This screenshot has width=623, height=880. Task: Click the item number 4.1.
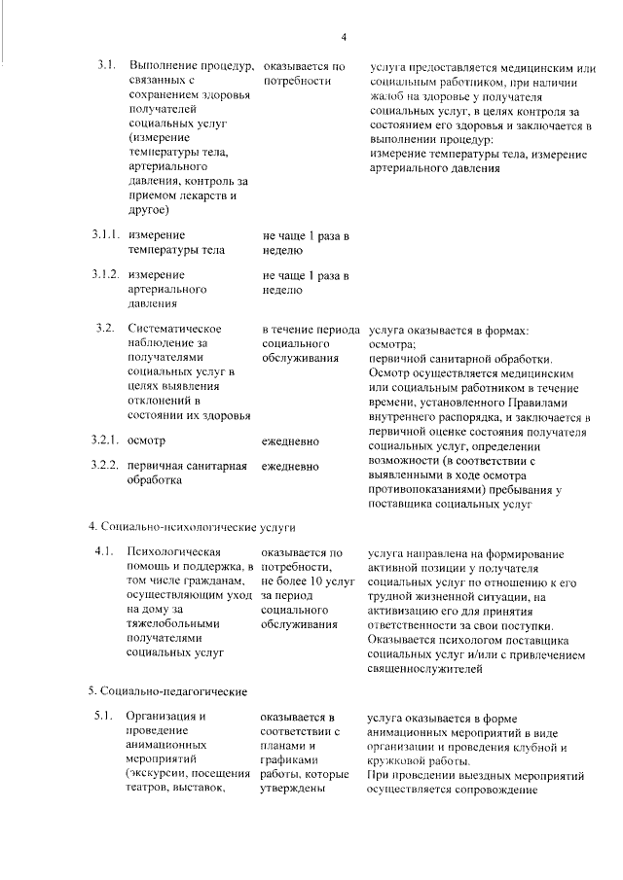pos(106,551)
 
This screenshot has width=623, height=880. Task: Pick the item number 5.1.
pos(106,719)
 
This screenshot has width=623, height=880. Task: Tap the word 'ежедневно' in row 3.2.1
pos(290,440)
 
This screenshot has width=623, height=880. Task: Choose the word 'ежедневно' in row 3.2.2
pos(290,466)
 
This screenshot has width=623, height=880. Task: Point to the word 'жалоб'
pos(385,98)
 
